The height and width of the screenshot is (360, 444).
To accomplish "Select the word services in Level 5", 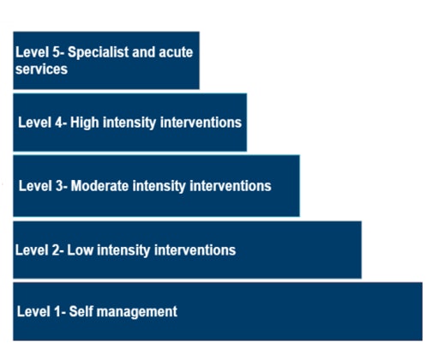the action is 41,69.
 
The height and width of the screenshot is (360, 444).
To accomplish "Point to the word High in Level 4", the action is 85,123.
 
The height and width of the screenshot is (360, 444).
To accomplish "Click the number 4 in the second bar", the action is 59,123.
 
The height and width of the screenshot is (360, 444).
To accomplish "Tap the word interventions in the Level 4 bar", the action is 201,123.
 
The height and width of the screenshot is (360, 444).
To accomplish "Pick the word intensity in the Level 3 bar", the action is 159,186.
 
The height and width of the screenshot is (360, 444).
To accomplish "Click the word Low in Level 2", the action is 80,250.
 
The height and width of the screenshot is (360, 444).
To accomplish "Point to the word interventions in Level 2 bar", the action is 195,250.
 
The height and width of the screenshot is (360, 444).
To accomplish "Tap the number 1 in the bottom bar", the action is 57,311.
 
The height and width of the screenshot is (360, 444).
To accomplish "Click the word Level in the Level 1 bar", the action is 33,311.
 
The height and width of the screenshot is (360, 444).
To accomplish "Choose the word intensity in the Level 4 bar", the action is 129,123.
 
